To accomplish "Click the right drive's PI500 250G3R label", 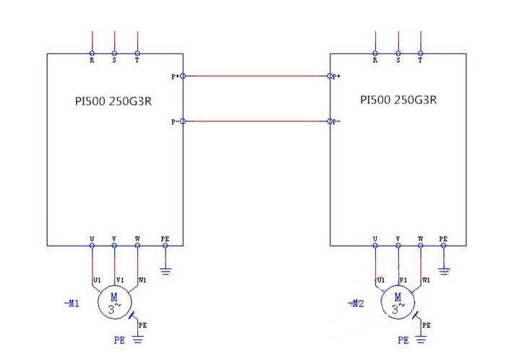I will [x=398, y=100].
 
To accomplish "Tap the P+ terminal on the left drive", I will [x=183, y=76].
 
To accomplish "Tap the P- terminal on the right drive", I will [x=330, y=121].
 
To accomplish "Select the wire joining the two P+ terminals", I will [x=257, y=76].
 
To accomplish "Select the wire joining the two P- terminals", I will [x=257, y=121].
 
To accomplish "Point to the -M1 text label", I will [x=72, y=304].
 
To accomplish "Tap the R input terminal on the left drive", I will [x=92, y=53].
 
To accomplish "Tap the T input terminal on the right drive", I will [x=421, y=53].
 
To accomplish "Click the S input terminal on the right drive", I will [x=398, y=53].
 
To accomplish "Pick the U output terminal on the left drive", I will [x=92, y=246].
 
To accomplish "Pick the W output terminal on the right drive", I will [x=421, y=246].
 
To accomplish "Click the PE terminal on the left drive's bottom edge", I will [x=166, y=246].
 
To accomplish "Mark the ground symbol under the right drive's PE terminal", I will [x=444, y=271].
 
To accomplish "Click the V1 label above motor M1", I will [x=120, y=279].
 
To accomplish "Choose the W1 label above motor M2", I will [x=426, y=279].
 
